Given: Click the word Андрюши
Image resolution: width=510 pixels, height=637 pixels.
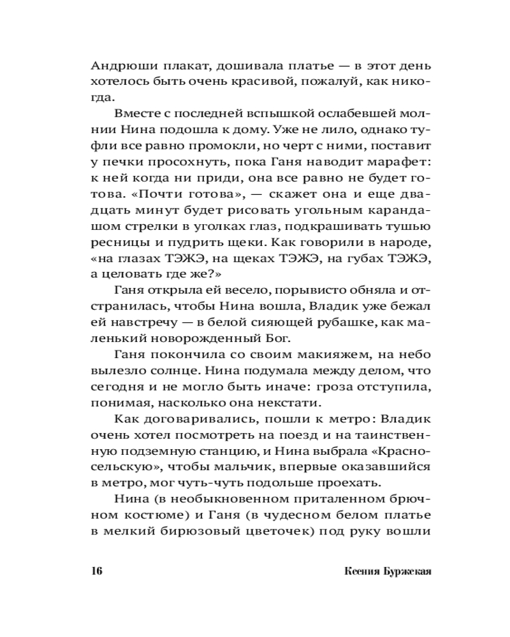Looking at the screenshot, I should (119, 65).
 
